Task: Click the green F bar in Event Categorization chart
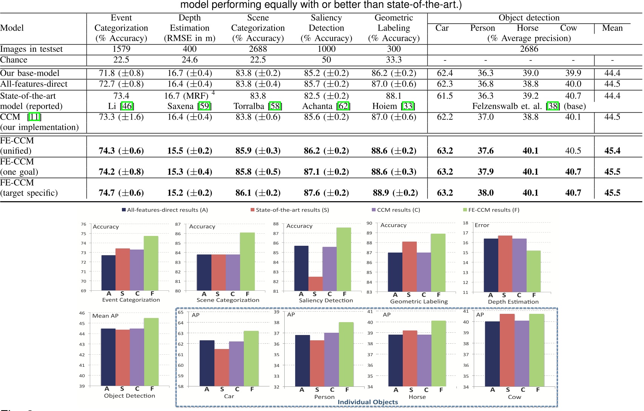(151, 263)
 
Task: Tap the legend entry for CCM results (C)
(396, 210)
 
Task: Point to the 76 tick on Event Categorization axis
(83, 224)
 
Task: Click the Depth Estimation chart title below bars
(513, 302)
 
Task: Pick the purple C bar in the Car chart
(236, 363)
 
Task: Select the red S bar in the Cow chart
(507, 350)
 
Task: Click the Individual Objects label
(368, 402)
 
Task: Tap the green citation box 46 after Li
(127, 106)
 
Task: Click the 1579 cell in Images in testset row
(121, 49)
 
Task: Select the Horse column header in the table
(527, 28)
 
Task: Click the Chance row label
(14, 60)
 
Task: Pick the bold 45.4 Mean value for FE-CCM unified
(612, 151)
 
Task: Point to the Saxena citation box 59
(204, 106)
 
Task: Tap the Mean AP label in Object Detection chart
(105, 316)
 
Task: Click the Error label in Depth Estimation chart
(482, 225)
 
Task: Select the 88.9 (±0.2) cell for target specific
(395, 193)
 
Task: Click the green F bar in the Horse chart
(439, 354)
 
